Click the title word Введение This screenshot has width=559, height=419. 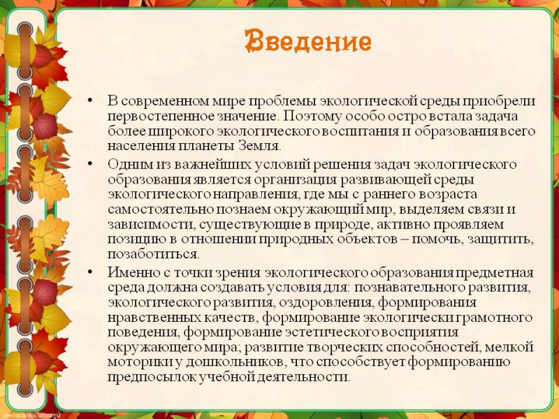[x=308, y=41]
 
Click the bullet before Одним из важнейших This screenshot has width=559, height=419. [x=90, y=163]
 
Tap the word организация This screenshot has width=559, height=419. [x=295, y=179]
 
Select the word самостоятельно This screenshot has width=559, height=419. [x=154, y=209]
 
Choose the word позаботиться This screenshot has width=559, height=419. [x=153, y=254]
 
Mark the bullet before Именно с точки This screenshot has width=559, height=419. [x=90, y=272]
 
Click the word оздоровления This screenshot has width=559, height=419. [x=326, y=302]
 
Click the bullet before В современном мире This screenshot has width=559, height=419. [x=90, y=101]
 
